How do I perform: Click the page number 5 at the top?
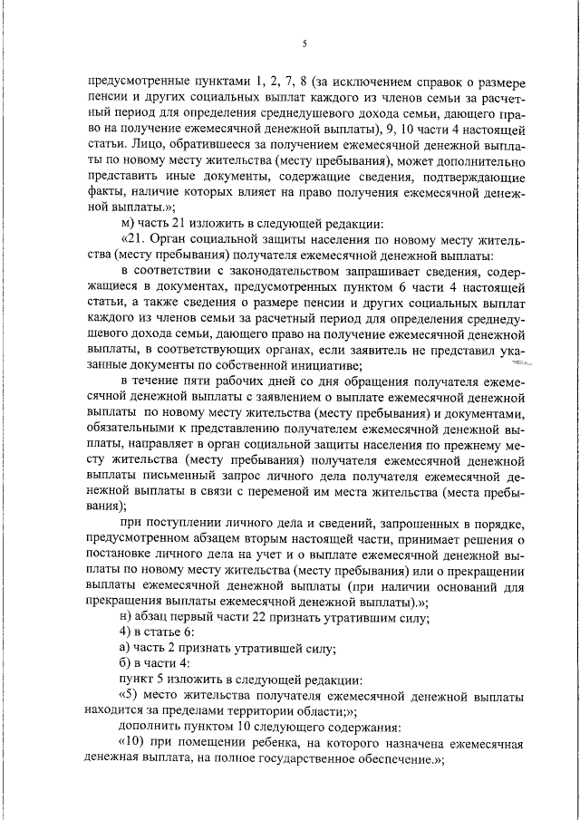click(x=304, y=44)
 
